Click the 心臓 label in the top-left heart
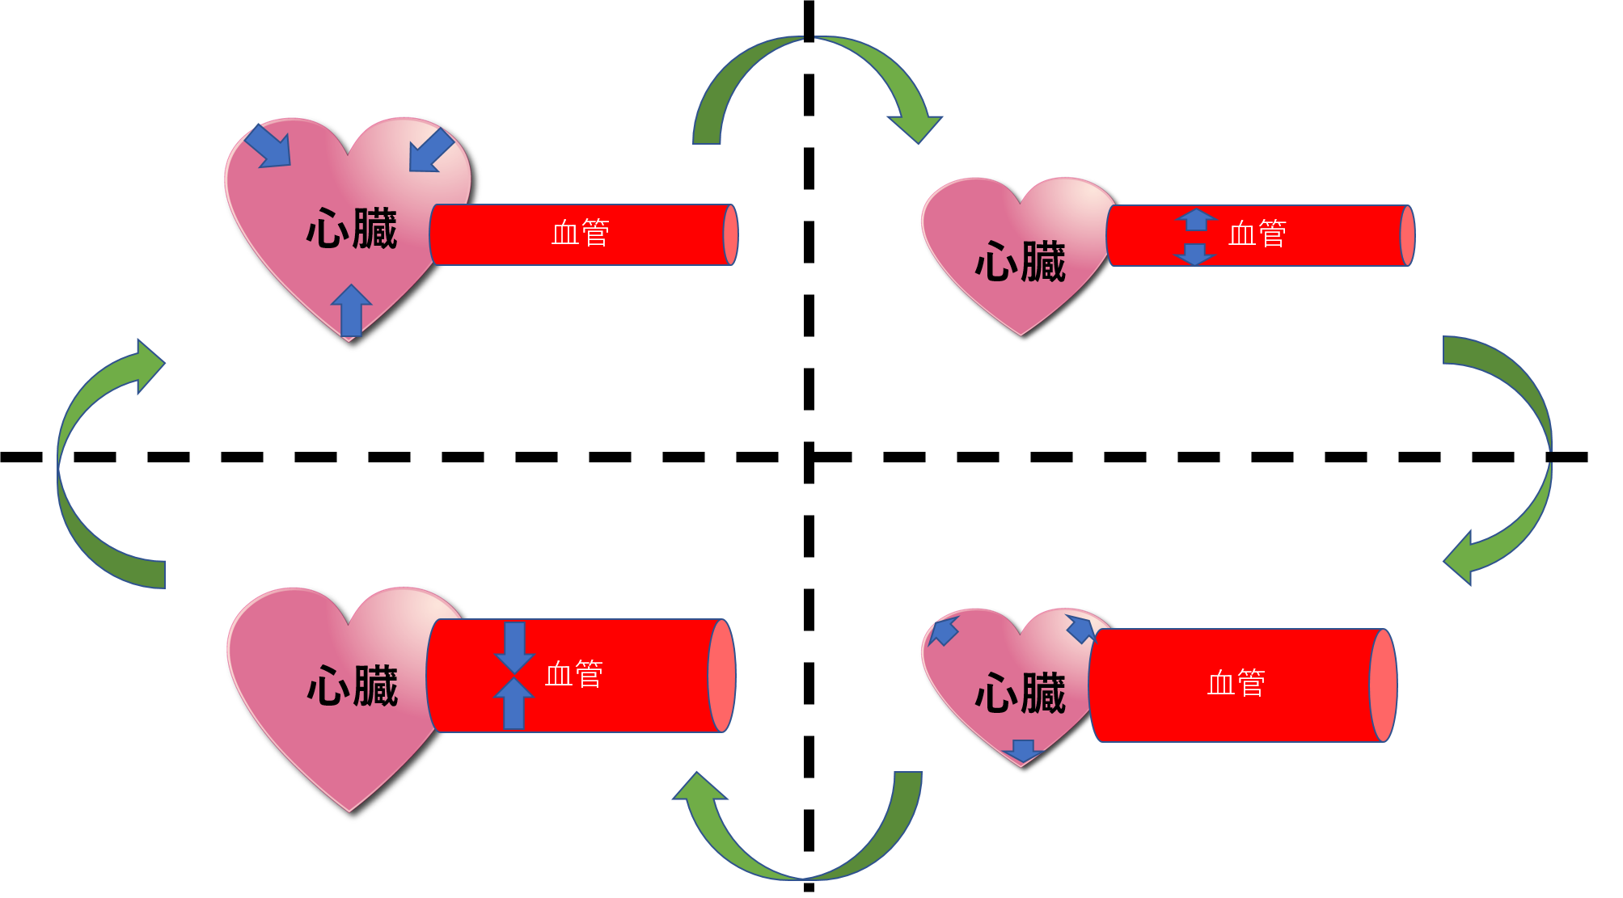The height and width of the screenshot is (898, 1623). [352, 229]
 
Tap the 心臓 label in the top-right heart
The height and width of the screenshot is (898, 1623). [1021, 263]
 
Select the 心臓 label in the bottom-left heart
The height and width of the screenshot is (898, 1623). [353, 686]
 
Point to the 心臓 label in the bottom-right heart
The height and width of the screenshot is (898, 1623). [1021, 694]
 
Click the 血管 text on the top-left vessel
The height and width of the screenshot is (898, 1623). [581, 234]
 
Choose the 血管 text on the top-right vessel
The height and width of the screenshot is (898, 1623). [1257, 234]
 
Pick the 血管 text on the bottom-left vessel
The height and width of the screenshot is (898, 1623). [574, 674]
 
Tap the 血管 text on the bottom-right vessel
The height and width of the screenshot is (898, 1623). [1236, 684]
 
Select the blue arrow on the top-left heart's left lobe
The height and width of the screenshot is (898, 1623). [268, 147]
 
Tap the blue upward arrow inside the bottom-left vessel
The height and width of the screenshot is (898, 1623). [514, 702]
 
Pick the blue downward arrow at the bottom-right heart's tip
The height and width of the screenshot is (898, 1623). [1023, 750]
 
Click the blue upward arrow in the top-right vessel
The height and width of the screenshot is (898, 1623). [1196, 219]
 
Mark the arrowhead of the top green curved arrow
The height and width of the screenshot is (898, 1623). [915, 128]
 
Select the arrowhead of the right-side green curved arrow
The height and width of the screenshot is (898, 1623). [1460, 559]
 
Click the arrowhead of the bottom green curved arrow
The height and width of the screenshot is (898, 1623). [699, 787]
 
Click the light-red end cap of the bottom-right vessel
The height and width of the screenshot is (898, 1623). [1383, 685]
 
